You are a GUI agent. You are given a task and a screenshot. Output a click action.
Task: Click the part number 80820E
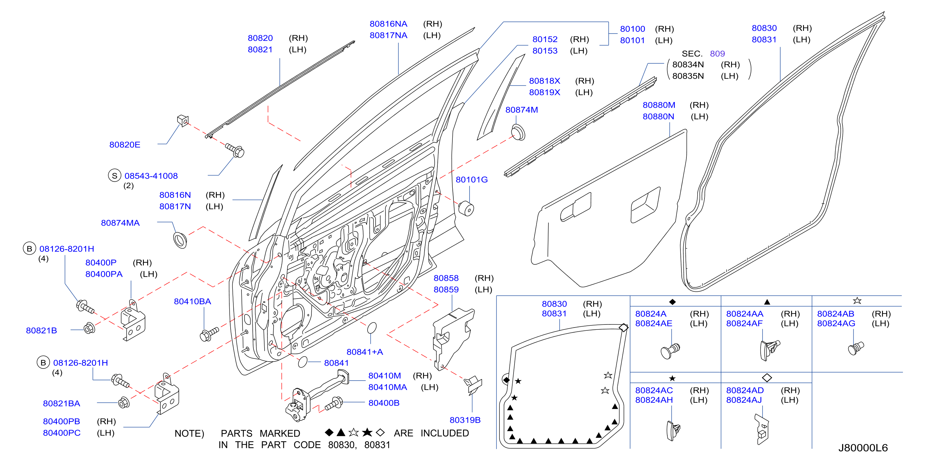(x=125, y=145)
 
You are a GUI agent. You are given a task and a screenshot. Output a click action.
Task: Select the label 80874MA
(x=120, y=223)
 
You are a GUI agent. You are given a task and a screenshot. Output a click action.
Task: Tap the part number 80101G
(x=472, y=180)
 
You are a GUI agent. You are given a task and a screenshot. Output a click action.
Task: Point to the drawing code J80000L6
(x=863, y=448)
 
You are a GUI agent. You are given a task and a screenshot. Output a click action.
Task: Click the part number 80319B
(x=465, y=420)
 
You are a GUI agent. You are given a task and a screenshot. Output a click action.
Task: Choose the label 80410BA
(x=192, y=302)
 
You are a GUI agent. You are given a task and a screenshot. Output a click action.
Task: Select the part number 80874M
(x=522, y=110)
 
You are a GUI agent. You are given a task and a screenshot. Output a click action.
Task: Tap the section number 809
(x=718, y=54)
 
